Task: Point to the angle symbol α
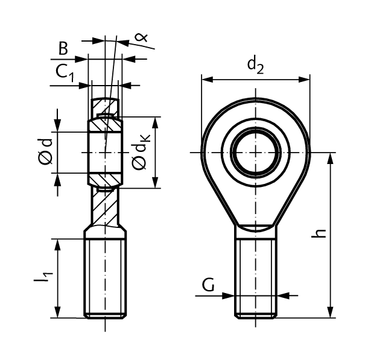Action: (143, 38)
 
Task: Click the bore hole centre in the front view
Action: (256, 153)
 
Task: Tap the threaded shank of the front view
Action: (256, 277)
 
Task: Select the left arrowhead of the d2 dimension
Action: (206, 78)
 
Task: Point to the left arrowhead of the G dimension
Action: (230, 295)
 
